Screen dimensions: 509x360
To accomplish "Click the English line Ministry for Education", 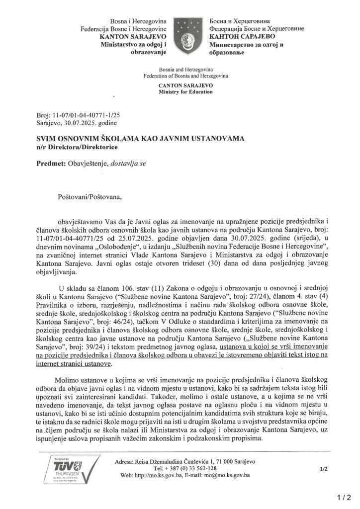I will click(185, 92).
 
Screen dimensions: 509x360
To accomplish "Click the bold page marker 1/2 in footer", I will click(324, 468).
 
